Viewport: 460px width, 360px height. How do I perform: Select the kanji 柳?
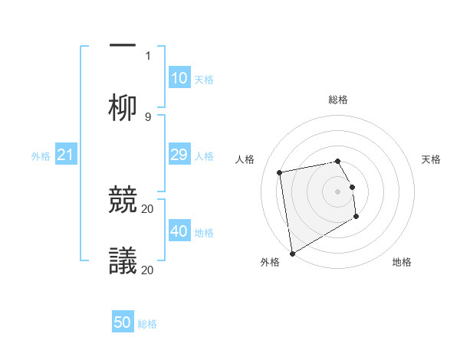tap(123, 107)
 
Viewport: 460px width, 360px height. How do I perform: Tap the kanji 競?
tap(123, 201)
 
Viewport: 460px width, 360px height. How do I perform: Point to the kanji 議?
tap(123, 261)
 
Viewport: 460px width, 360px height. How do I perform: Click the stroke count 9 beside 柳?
tap(148, 116)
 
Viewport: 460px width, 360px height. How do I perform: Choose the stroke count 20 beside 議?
tap(148, 270)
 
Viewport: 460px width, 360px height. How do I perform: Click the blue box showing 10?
tap(179, 78)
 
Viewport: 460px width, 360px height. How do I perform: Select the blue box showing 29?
tap(179, 155)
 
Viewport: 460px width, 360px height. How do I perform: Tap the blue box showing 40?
tap(179, 231)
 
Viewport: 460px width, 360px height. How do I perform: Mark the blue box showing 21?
tap(65, 155)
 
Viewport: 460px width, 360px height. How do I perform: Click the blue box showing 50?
tap(123, 322)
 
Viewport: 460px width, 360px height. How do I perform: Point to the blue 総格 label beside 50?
tap(147, 324)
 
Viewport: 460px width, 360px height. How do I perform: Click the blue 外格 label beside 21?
tap(41, 156)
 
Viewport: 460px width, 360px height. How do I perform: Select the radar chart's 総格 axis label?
tap(338, 100)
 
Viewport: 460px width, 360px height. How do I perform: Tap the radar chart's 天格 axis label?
tap(432, 159)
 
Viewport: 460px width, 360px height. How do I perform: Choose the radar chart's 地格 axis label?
tap(402, 263)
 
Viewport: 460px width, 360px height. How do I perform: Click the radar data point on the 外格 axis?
tap(291, 253)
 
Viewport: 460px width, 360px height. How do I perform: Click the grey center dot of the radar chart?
tap(338, 191)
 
